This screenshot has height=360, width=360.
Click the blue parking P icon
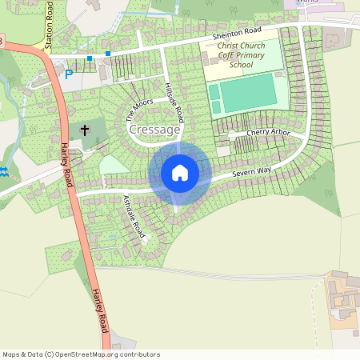coord(68,74)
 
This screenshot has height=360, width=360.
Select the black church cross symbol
coord(84,129)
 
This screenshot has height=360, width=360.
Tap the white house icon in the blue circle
coord(180,172)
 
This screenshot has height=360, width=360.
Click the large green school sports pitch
coord(246,95)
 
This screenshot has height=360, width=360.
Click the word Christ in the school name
coord(230,46)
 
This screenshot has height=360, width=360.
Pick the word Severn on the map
coord(244,174)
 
